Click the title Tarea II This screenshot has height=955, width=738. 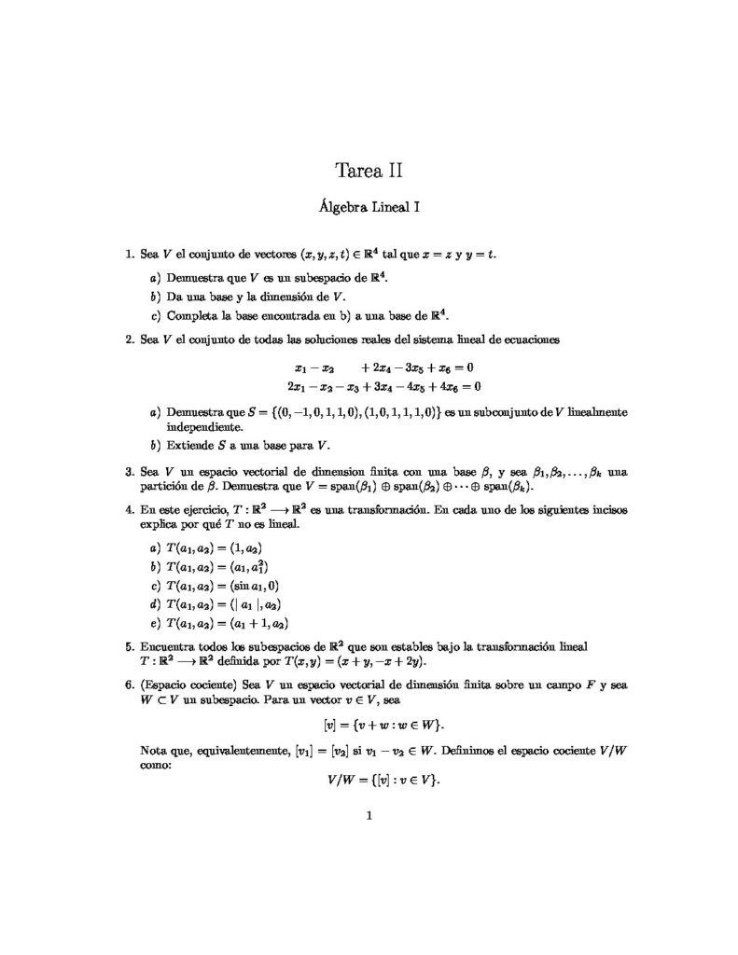pos(369,170)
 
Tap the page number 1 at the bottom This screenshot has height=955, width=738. pos(369,817)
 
